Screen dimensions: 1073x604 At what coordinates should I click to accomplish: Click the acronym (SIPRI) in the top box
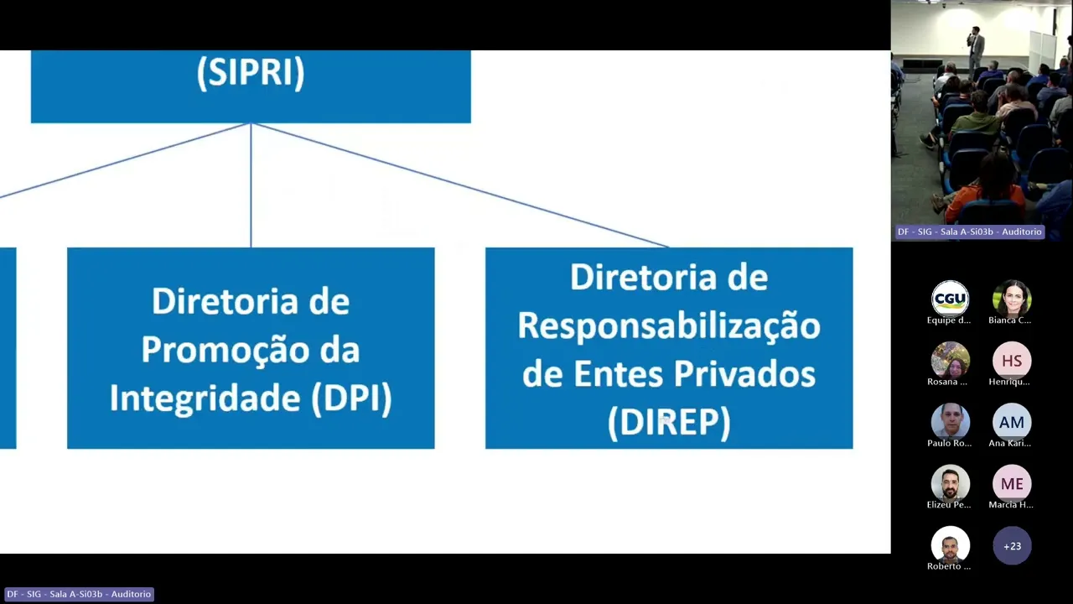click(x=251, y=73)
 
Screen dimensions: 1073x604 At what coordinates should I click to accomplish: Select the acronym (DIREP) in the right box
click(x=669, y=423)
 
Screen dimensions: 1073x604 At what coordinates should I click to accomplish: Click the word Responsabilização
click(x=669, y=326)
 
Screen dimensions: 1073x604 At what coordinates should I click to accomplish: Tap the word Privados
click(x=748, y=374)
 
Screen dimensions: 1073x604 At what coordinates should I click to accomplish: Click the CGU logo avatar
click(x=950, y=299)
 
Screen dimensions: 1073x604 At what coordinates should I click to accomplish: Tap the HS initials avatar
click(x=1012, y=360)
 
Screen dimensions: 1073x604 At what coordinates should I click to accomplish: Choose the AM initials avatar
click(x=1012, y=422)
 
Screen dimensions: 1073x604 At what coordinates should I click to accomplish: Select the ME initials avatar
click(x=1012, y=483)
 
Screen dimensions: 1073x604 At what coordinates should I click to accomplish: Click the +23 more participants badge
click(x=1012, y=546)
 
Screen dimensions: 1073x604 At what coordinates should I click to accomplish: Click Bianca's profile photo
click(x=1012, y=299)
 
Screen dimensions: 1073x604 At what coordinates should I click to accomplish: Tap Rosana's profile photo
click(x=950, y=360)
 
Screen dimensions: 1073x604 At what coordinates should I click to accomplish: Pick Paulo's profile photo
click(x=950, y=422)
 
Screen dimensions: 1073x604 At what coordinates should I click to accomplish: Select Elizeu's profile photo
click(x=950, y=483)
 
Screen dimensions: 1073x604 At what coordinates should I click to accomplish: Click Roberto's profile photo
click(x=950, y=546)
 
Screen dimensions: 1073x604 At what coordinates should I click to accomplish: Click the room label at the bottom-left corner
click(x=78, y=594)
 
